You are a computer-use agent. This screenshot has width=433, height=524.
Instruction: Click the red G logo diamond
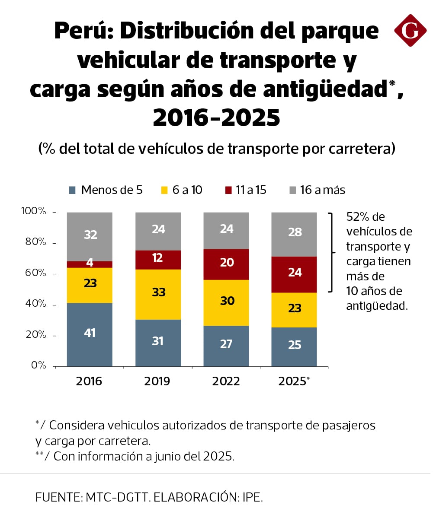pos(410,30)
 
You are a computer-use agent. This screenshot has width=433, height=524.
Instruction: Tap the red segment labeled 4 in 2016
pos(90,264)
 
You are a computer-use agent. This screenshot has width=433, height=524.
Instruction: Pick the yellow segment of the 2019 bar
pos(158,294)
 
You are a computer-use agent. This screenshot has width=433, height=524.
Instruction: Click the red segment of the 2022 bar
pos(226,264)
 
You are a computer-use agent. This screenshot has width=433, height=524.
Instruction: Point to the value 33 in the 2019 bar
pos(158,292)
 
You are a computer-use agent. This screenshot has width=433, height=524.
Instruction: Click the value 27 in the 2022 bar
pos(226,344)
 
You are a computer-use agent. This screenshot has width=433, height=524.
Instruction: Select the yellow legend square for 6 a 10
pos(164,190)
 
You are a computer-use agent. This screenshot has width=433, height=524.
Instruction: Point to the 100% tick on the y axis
pos(34,211)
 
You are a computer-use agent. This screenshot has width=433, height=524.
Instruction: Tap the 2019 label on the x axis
pos(157,381)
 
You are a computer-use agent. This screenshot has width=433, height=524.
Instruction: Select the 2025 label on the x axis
pos(292,381)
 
